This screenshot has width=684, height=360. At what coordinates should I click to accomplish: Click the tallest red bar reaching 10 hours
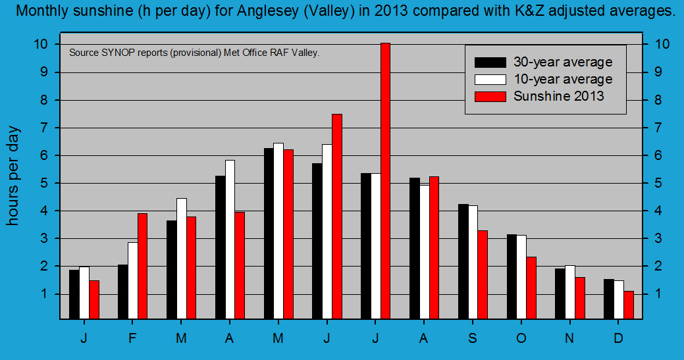(385, 181)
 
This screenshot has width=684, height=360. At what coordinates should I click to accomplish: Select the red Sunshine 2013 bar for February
(142, 266)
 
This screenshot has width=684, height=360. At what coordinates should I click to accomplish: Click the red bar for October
(531, 288)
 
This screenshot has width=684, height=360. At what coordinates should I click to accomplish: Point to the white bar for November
(569, 292)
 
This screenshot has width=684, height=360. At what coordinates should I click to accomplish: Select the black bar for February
(122, 292)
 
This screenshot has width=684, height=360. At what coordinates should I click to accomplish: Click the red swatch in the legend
(490, 96)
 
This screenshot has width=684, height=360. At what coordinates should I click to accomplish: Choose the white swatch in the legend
(490, 80)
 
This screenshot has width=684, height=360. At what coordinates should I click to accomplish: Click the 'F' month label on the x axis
(132, 338)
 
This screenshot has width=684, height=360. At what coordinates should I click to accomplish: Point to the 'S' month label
(472, 338)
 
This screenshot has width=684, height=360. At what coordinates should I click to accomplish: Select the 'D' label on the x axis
(618, 338)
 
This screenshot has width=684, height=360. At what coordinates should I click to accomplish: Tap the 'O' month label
(521, 338)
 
